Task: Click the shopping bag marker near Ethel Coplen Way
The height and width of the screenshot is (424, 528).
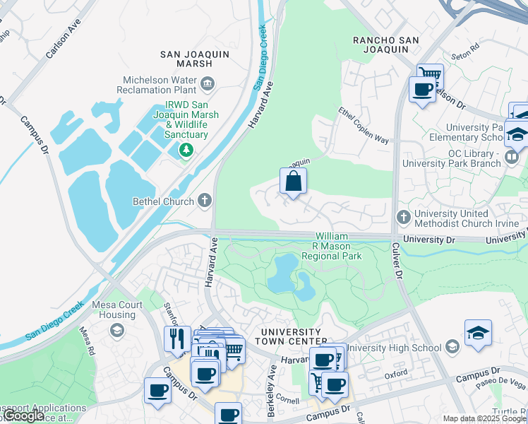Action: pyautogui.click(x=293, y=182)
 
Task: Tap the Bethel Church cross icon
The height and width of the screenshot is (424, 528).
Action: pyautogui.click(x=205, y=201)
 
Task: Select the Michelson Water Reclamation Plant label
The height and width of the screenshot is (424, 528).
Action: pyautogui.click(x=160, y=85)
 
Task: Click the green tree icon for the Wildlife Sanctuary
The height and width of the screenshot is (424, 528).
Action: pyautogui.click(x=186, y=149)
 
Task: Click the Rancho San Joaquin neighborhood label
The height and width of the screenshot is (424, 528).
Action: pyautogui.click(x=381, y=45)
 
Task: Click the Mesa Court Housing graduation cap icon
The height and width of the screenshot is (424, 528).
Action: pyautogui.click(x=116, y=330)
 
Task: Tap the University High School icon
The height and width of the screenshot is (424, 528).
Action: pyautogui.click(x=452, y=347)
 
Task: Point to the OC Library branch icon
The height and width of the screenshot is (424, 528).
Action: pyautogui.click(x=513, y=156)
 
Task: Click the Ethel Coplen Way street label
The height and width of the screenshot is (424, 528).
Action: pyautogui.click(x=364, y=126)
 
